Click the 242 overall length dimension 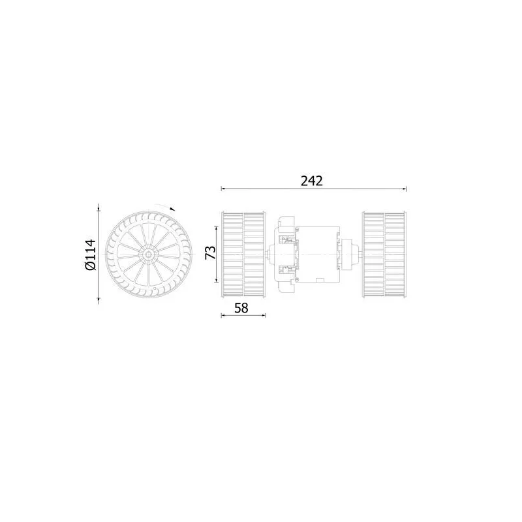click(x=313, y=181)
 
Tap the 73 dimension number click(x=210, y=253)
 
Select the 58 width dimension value click(x=242, y=308)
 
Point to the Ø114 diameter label click(x=91, y=254)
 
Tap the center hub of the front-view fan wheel click(x=148, y=254)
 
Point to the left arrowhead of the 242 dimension click(x=223, y=190)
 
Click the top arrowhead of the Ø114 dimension click(x=99, y=208)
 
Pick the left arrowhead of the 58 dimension click(x=223, y=316)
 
